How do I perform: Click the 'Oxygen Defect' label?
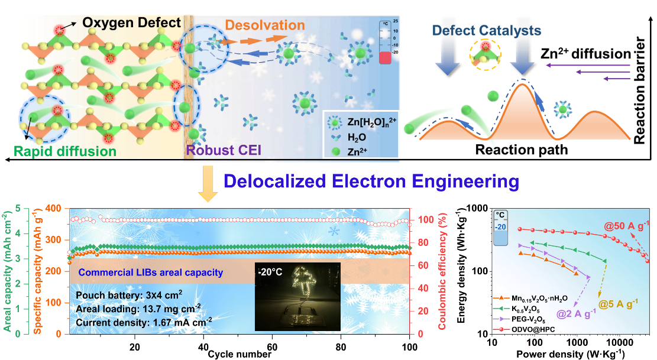tap(131, 23)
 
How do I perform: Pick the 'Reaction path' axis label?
tap(522, 150)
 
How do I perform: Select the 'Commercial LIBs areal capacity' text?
tap(151, 273)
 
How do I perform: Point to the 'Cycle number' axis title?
tap(240, 354)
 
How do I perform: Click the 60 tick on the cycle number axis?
tap(272, 345)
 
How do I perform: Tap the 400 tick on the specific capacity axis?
tap(54, 209)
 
